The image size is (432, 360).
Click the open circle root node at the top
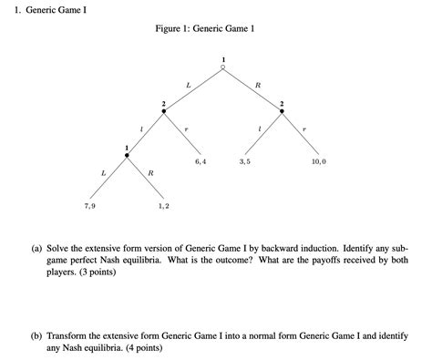click(223, 67)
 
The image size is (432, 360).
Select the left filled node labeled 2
click(164, 111)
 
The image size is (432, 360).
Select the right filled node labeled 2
click(283, 111)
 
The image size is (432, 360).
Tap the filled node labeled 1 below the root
click(128, 155)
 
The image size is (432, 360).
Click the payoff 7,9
click(88, 206)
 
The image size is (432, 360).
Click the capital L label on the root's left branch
click(188, 85)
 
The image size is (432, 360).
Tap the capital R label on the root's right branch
click(258, 85)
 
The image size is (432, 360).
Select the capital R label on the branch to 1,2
click(150, 172)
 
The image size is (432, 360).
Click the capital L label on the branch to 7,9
click(103, 172)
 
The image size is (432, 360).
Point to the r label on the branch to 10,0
click(305, 129)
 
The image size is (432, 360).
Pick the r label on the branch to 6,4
click(187, 129)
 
